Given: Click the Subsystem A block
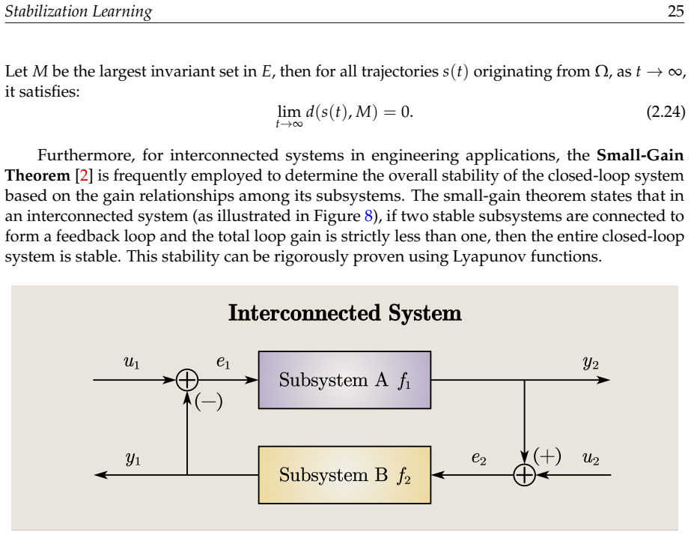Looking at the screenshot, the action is point(344,380).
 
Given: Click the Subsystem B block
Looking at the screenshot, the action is point(344,475).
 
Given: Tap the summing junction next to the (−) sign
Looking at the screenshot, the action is point(187,380).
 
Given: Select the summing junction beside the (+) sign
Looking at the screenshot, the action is point(524,475).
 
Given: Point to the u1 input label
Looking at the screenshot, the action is point(131,363).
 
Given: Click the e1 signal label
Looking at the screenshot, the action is point(223,362).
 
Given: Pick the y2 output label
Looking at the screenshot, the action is point(591,363).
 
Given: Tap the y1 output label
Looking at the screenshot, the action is point(133,459).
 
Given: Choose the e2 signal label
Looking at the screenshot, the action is point(478,458).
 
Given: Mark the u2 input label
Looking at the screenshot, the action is point(591,459).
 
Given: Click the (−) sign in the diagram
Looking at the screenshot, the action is point(208,402).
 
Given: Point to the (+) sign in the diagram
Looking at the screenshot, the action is point(547,456).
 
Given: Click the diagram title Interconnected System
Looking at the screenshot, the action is point(345,312).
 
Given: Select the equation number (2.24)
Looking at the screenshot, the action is point(666,112).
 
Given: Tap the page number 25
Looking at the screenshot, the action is point(676,10).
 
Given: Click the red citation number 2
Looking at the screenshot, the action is point(84,175).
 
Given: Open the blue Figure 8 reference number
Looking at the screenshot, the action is point(368,216).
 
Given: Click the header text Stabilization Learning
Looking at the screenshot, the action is point(79,11).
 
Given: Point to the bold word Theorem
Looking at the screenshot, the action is point(37,175).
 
